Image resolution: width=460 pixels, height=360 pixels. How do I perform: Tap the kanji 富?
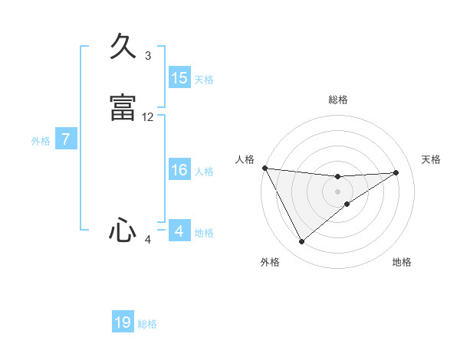123,108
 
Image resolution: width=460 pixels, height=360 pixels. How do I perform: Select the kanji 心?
123,231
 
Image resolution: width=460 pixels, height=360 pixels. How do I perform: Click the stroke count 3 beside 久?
148,56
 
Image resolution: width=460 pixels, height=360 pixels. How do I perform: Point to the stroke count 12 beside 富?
148,117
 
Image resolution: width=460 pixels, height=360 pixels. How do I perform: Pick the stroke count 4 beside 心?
148,240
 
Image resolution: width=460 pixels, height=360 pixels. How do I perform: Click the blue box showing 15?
179,78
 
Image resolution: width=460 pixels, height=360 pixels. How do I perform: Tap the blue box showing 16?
179,170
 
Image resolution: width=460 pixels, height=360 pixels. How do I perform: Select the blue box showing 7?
67,139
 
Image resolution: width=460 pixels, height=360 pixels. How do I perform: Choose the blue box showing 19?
123,322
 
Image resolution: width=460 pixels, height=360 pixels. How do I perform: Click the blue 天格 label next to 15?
204,80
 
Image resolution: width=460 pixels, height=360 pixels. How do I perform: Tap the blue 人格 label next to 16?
204,172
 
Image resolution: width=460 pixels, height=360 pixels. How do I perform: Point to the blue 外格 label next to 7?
41,141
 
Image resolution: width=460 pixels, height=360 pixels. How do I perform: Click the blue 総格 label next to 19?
147,324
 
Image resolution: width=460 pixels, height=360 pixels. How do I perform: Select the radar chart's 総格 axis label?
338,100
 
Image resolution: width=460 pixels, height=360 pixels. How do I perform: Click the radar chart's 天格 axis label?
432,159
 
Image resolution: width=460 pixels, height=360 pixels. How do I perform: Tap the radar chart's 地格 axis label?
402,262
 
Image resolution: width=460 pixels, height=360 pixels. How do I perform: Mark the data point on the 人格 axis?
264,168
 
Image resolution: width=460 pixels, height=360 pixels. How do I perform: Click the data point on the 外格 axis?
301,242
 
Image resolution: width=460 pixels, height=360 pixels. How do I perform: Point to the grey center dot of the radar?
338,191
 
